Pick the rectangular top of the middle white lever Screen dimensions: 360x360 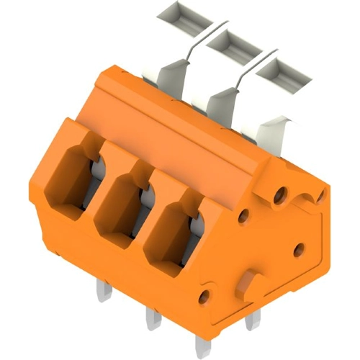point(231,45)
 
